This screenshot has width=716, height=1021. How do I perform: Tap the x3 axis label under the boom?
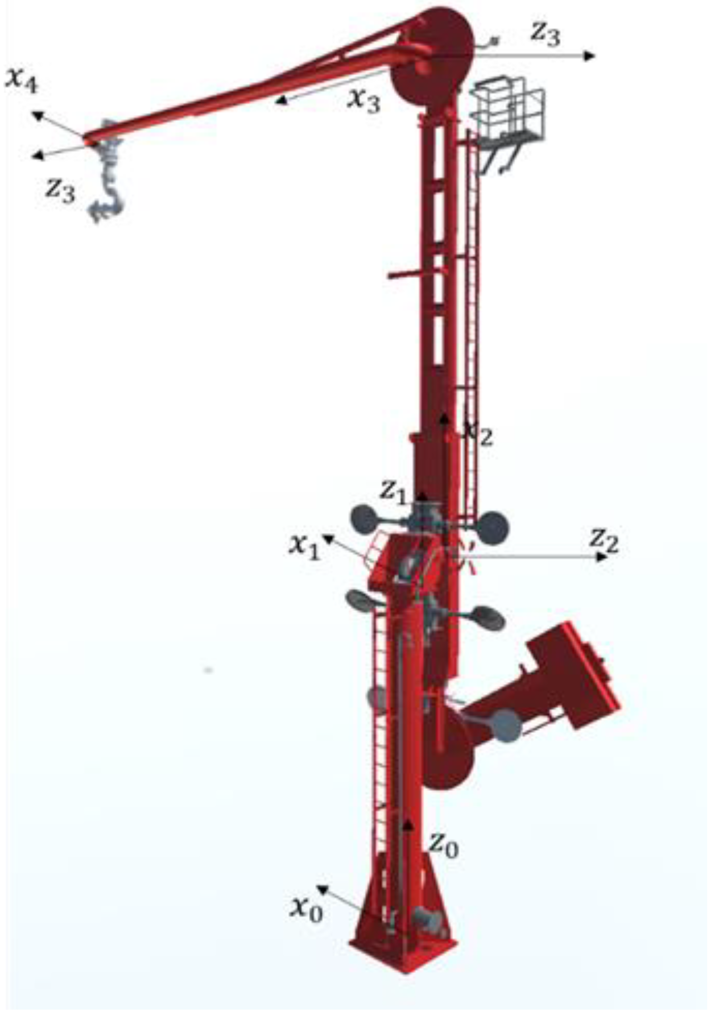tap(363, 100)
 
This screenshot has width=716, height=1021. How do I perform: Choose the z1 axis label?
tap(394, 492)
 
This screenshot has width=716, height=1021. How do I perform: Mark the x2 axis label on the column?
tap(478, 433)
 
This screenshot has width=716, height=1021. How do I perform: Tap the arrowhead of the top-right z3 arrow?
tap(590, 56)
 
